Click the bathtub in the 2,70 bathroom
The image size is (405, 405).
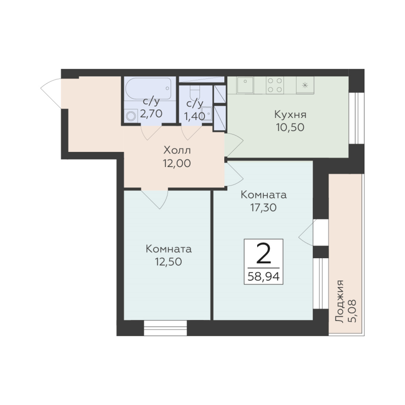coord(148,88)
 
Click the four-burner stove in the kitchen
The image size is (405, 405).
coord(275,85)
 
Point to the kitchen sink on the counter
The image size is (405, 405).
coord(245,85)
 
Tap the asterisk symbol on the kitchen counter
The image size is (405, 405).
coord(305,85)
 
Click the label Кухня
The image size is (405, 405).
coord(290,114)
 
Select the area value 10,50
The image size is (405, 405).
coord(290,128)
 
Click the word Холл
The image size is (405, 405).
coord(177,150)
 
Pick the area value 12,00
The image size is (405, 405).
coord(177,163)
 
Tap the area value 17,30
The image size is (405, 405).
coord(263,208)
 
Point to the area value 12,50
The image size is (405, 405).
coord(169,262)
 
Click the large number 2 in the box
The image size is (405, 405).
coord(263,254)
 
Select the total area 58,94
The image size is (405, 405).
coord(263,277)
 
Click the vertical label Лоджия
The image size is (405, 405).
coord(340,301)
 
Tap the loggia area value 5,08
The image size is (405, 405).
coord(352,311)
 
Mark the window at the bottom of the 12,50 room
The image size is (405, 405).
coord(166,328)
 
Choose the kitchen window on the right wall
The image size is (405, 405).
coord(356,118)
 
